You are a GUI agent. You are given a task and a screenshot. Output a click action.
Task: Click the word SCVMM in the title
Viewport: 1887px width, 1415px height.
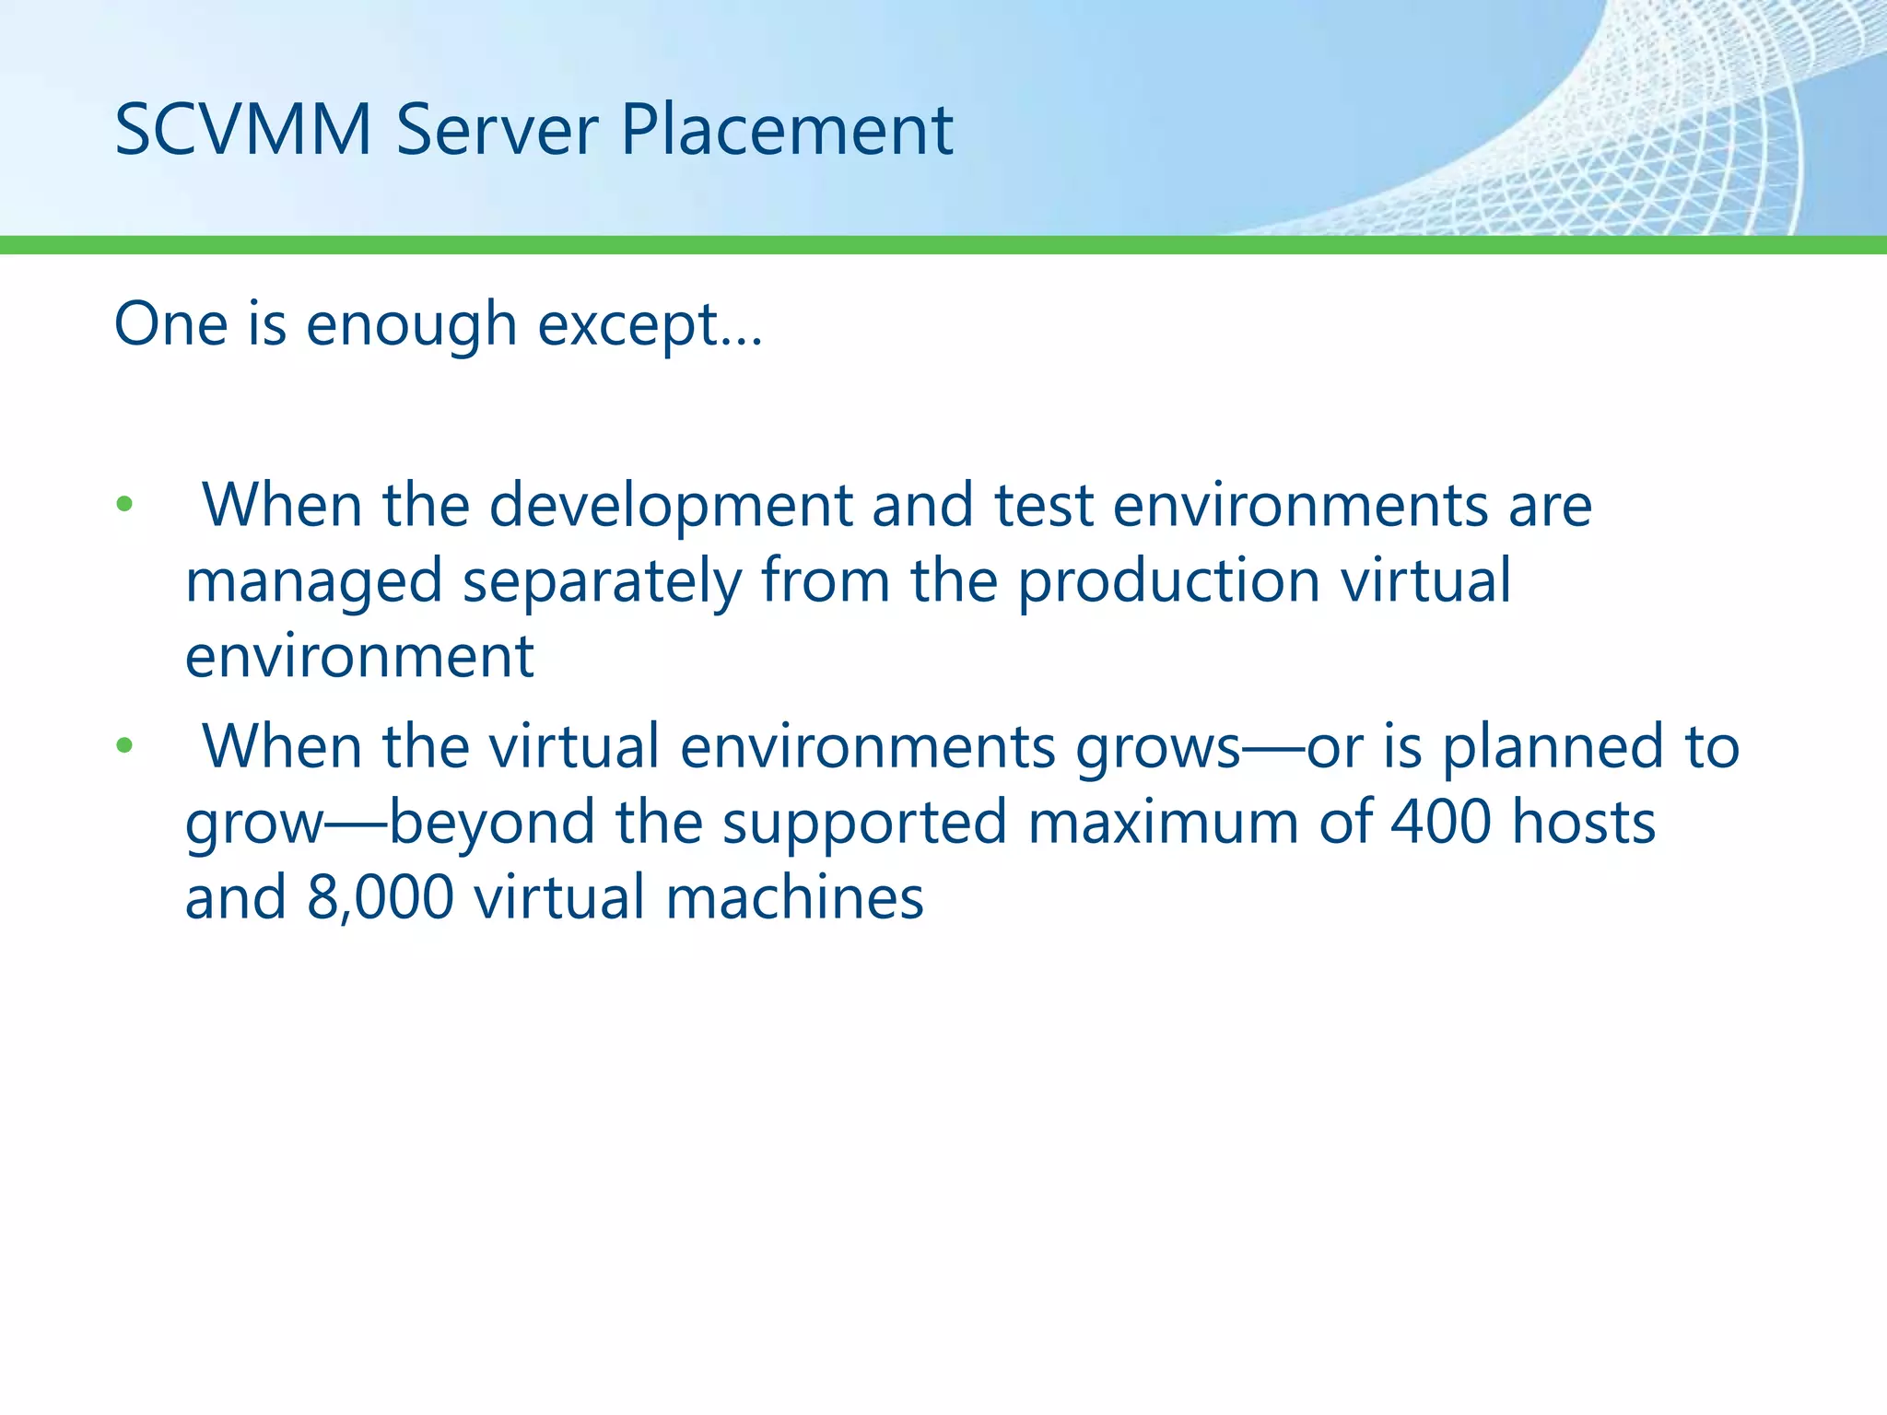(242, 129)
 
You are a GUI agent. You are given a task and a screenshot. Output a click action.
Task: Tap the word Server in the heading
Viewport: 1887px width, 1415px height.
(497, 129)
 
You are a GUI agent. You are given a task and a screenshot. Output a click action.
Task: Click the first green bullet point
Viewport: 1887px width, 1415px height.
(124, 505)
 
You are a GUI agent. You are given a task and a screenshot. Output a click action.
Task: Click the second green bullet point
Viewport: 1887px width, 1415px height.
(124, 745)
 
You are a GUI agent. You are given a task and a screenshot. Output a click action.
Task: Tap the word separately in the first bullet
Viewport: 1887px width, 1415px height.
(602, 581)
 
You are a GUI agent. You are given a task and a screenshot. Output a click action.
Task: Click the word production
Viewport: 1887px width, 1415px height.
(1168, 581)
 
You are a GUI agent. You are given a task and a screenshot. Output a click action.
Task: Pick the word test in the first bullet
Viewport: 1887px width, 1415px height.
(1043, 505)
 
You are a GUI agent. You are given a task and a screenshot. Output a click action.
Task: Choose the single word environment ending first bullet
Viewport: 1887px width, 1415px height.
(359, 657)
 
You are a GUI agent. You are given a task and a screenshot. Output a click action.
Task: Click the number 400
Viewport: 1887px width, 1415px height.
(1440, 822)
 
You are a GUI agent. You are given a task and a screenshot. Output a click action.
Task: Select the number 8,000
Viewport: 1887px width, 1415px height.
(380, 897)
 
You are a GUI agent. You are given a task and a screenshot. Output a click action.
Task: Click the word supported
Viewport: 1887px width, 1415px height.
(864, 822)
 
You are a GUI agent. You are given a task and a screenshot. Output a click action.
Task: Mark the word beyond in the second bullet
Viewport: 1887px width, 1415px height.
(491, 822)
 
